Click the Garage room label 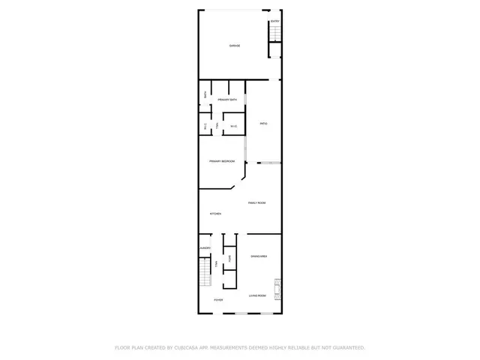pyautogui.click(x=235, y=46)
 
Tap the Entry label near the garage pyautogui.click(x=274, y=22)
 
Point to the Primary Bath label pyautogui.click(x=228, y=100)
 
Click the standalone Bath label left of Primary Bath pyautogui.click(x=205, y=94)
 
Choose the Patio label pyautogui.click(x=263, y=124)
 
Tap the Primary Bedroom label pyautogui.click(x=222, y=161)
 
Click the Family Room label pyautogui.click(x=257, y=202)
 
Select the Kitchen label pyautogui.click(x=215, y=214)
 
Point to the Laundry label pyautogui.click(x=205, y=248)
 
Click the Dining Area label pyautogui.click(x=259, y=257)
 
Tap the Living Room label pyautogui.click(x=258, y=295)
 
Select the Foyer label pyautogui.click(x=218, y=300)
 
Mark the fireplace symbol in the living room pyautogui.click(x=277, y=287)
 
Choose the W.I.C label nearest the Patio pyautogui.click(x=233, y=126)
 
